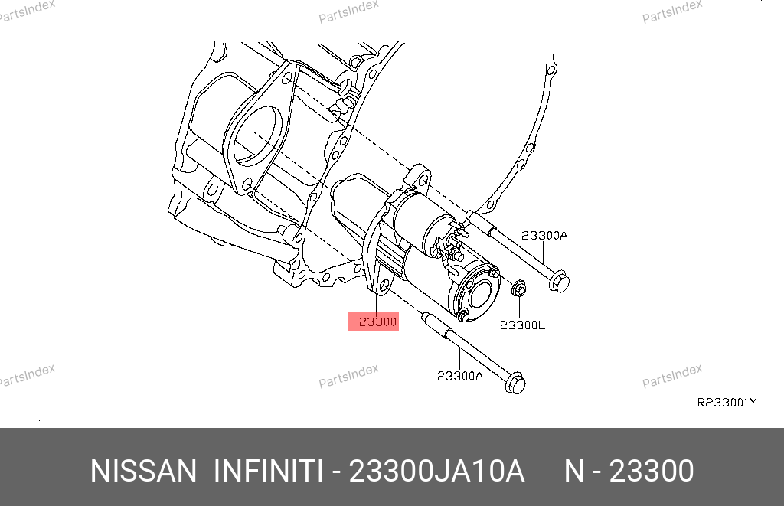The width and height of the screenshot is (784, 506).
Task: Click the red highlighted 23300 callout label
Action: [374, 322]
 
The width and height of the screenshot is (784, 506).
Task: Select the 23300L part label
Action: [522, 325]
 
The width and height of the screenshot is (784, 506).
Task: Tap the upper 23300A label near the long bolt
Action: [544, 236]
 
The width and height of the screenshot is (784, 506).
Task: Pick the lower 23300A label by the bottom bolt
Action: [460, 376]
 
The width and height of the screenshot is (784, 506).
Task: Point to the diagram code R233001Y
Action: [727, 403]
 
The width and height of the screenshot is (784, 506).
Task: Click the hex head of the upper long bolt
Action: [559, 281]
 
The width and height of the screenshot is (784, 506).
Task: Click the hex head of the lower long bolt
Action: [515, 383]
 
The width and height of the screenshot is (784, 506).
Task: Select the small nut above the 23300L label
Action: [519, 288]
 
